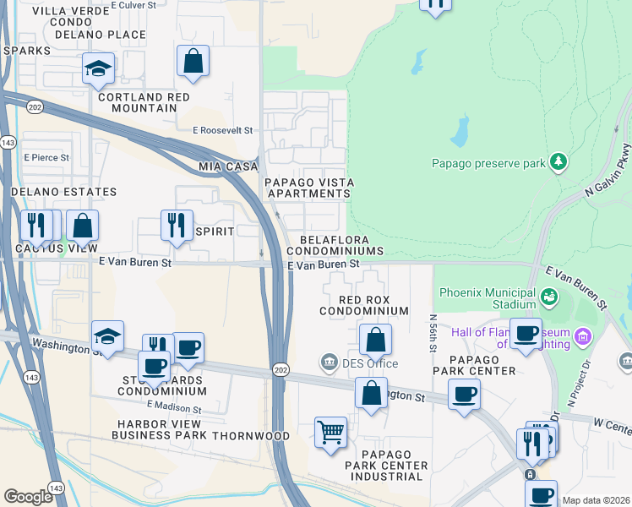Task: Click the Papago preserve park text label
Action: click(488, 163)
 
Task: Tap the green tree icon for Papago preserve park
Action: click(558, 161)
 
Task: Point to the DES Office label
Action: click(369, 363)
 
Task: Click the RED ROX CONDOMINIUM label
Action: click(364, 305)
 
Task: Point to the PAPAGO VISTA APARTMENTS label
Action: click(308, 188)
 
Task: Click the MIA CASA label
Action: click(228, 166)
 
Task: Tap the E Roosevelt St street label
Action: click(223, 131)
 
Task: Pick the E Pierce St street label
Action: click(46, 157)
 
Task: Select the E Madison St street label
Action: click(173, 407)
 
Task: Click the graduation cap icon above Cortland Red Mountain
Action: click(99, 68)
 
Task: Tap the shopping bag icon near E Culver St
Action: click(193, 61)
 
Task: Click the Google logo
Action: click(28, 497)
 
